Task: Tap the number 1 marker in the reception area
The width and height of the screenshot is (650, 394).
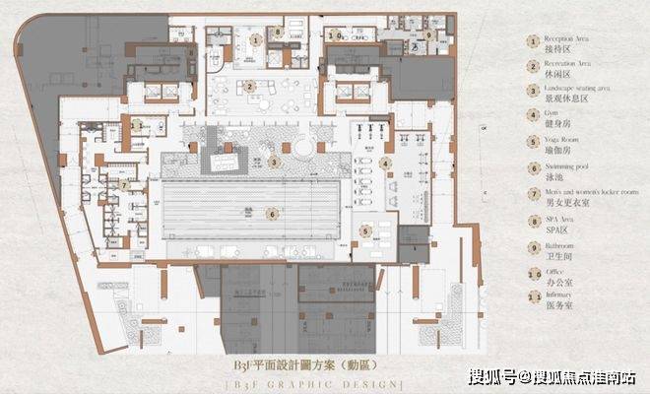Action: (255, 40)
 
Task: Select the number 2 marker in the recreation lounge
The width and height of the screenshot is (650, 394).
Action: (251, 86)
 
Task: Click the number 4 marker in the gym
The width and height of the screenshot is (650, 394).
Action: (386, 164)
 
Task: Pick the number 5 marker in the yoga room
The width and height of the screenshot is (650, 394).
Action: (365, 231)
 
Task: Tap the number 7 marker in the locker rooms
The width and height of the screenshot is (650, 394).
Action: (125, 184)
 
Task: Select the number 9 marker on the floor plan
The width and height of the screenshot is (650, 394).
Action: (430, 34)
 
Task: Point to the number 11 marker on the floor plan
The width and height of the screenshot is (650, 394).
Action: (137, 125)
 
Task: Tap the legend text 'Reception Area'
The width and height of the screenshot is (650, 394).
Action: (564, 37)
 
